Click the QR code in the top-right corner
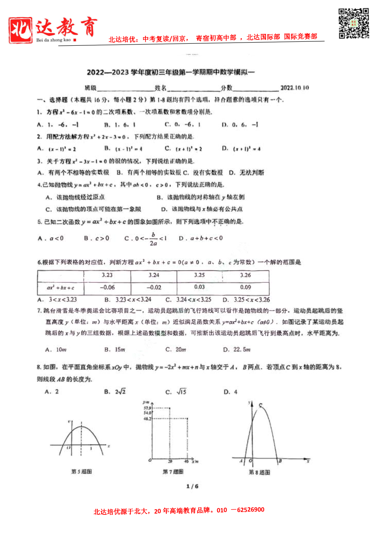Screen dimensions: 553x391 354,23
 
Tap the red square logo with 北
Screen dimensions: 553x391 20,30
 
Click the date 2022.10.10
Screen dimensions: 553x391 294,88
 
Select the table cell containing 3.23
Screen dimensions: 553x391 107,276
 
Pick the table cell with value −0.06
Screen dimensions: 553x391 107,288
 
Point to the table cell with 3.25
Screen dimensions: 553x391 199,276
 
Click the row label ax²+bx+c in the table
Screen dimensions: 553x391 60,288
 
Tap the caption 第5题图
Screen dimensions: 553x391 82,471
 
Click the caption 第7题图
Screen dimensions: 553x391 173,471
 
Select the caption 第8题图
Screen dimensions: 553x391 259,472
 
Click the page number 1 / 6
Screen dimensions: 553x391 192,486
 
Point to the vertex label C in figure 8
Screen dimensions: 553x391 261,405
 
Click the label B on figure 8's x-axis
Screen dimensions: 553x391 280,461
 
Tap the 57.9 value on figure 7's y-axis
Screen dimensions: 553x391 147,408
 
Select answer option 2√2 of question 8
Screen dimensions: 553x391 120,391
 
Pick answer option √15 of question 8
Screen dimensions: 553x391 181,391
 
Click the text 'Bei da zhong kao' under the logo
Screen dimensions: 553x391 54,40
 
